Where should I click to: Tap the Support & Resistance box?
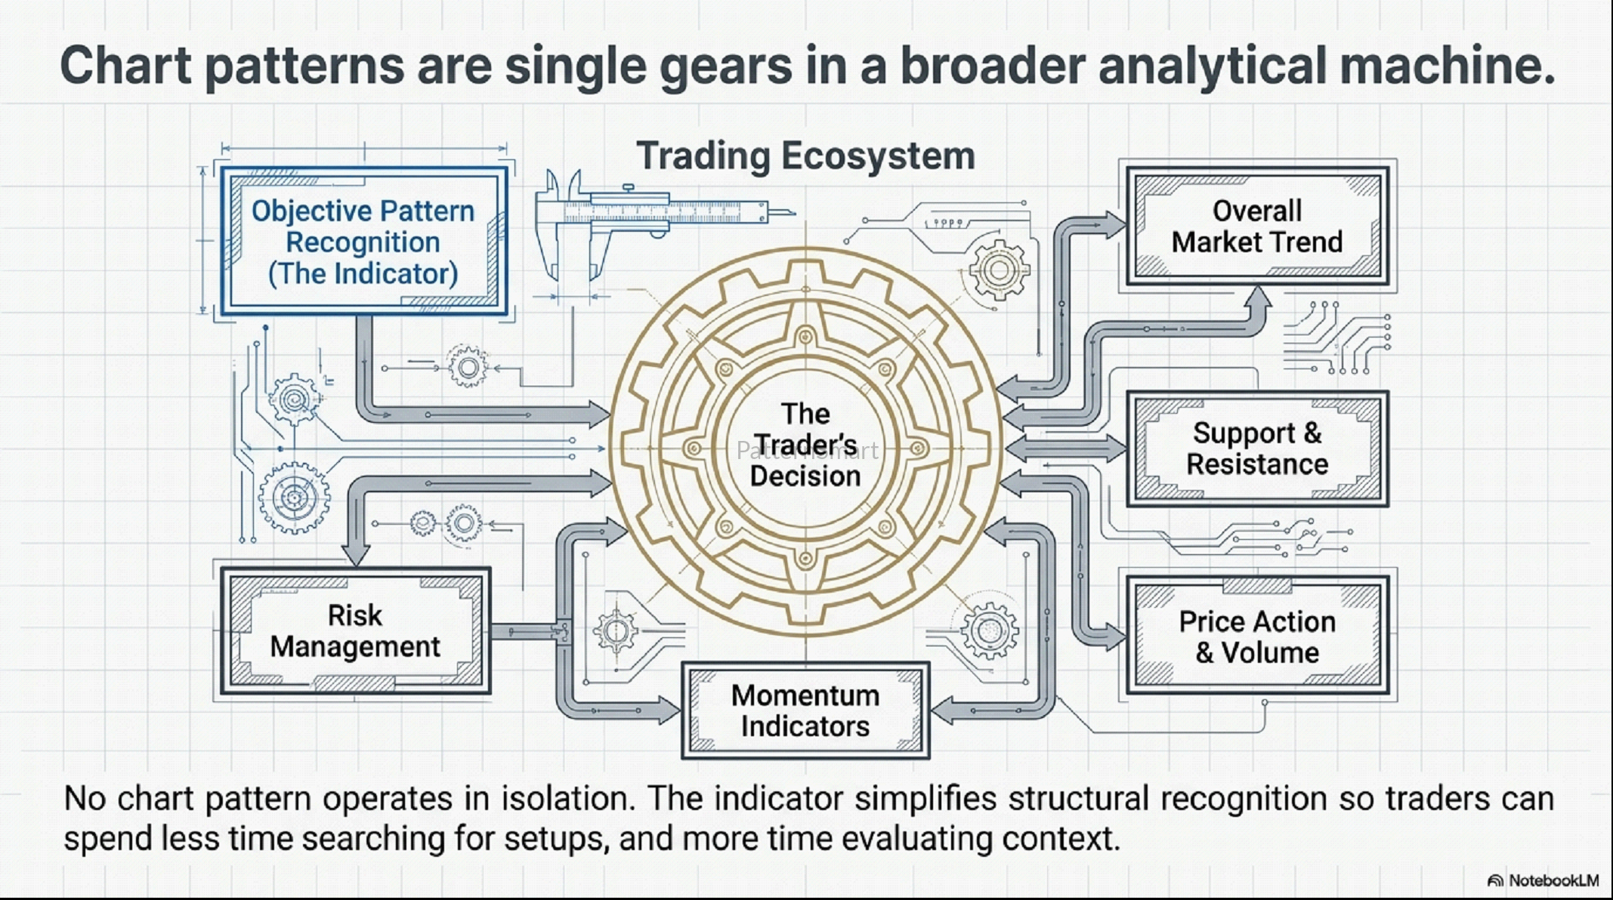coord(1257,448)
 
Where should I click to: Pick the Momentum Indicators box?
coord(805,710)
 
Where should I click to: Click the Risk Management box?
coord(355,631)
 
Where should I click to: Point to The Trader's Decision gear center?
coord(805,445)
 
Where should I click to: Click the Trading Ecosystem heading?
coord(805,156)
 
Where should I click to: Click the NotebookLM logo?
coord(1543,880)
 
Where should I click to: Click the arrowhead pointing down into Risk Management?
coord(356,553)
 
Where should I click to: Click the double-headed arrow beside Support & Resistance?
coord(1065,448)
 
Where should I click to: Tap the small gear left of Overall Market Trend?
coord(999,269)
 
